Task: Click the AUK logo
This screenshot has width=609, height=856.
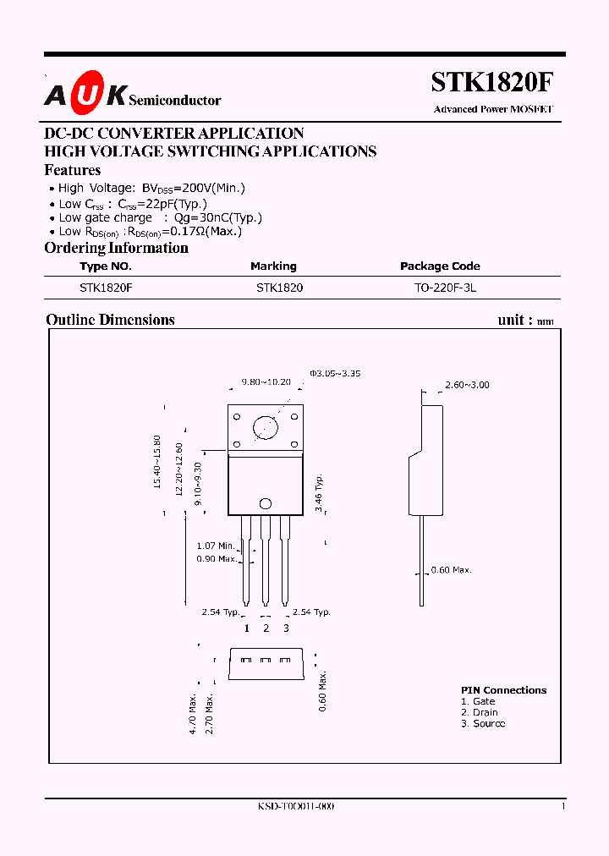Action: pos(85,97)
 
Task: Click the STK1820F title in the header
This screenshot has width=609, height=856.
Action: pos(491,82)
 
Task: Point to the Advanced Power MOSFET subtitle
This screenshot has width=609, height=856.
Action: pos(492,109)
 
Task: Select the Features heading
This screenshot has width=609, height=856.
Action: pos(73,170)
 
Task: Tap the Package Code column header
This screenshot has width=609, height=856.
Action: pos(440,266)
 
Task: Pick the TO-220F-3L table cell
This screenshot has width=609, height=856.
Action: pos(445,288)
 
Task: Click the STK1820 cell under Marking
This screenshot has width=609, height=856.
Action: pos(279,288)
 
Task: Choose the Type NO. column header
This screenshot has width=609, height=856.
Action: pos(106,266)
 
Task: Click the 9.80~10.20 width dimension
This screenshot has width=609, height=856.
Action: pos(266,381)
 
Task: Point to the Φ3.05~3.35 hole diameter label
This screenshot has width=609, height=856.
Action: pos(335,372)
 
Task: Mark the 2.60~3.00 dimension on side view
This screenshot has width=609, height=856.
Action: pos(467,385)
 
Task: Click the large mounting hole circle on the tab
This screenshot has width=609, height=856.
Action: pos(266,426)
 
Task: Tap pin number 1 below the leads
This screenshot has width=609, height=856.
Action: pos(246,628)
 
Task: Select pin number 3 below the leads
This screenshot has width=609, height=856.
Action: pos(286,628)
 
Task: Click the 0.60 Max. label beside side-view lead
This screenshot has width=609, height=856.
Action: pos(451,570)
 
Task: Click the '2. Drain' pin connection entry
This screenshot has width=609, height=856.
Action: pos(480,712)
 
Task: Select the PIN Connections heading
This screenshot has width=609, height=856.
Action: pos(503,690)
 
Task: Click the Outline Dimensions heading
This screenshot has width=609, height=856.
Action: pos(110,320)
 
